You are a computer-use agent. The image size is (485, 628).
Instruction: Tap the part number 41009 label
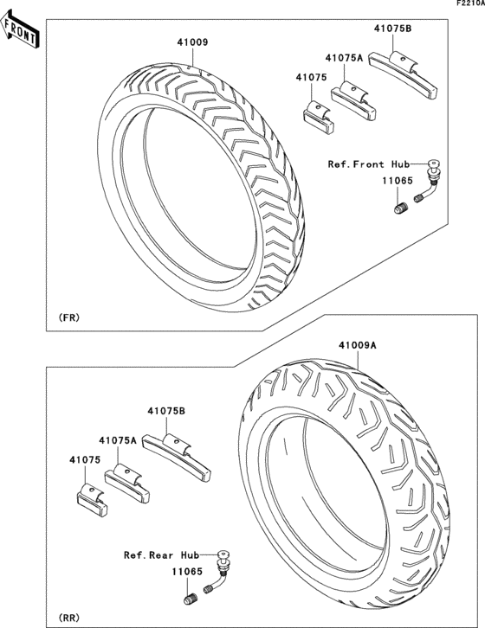point(193,42)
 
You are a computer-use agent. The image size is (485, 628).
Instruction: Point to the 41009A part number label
point(357,345)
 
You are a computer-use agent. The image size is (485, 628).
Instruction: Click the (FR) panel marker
point(68,317)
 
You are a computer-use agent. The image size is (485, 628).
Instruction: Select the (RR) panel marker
point(68,618)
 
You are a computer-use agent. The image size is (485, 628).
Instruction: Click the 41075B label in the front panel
point(392,29)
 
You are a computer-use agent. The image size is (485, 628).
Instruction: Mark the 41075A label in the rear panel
point(118,440)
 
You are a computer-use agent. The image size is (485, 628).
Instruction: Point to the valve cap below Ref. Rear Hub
point(189,599)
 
